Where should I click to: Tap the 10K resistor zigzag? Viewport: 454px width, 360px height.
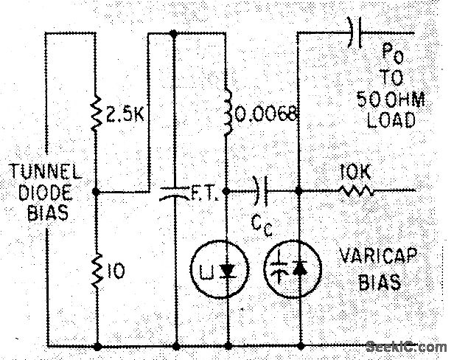[356, 191]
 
